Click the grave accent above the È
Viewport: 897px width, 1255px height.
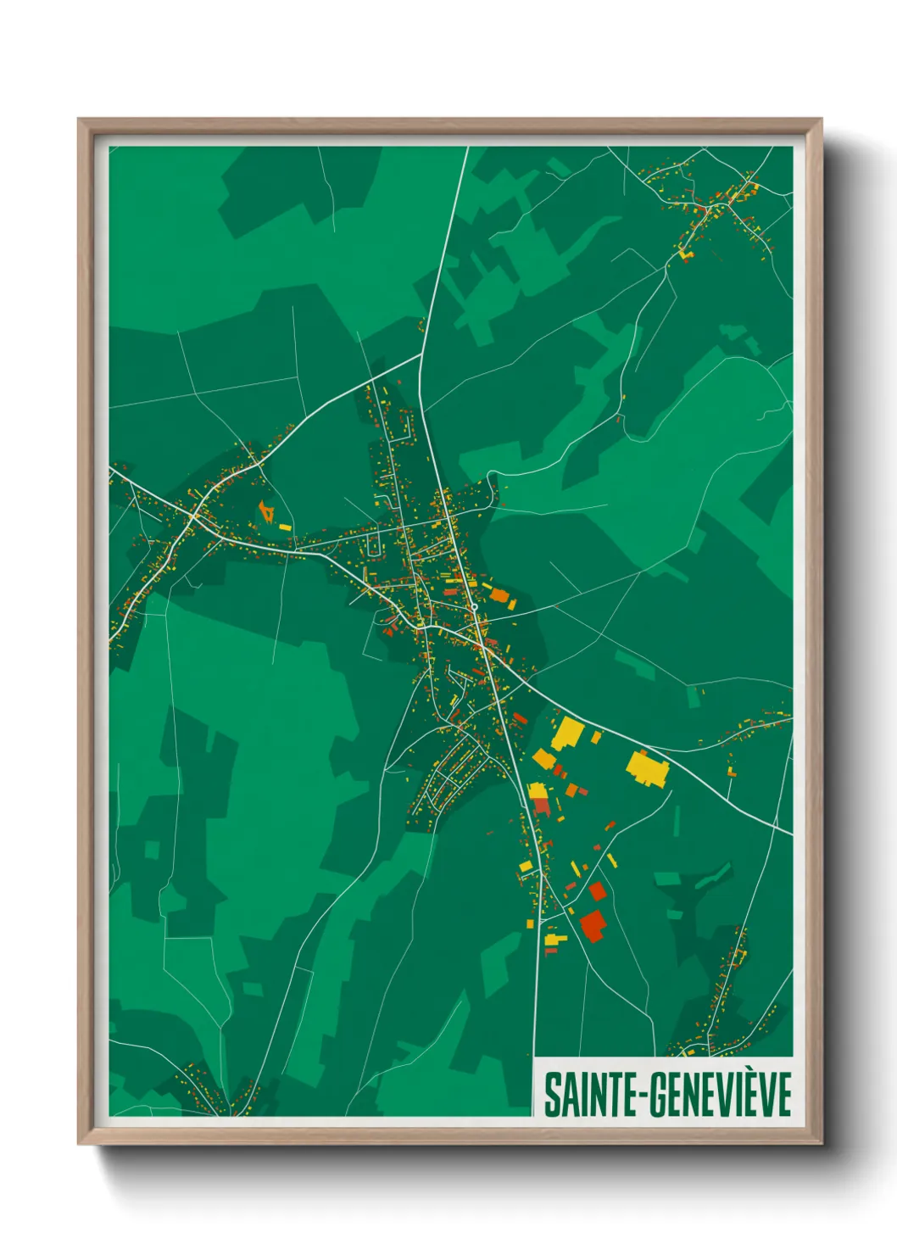tap(742, 1072)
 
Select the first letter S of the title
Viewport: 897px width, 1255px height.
tap(552, 1095)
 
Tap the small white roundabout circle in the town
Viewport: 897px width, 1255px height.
tap(476, 607)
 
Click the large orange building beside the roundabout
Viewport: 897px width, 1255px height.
tap(499, 595)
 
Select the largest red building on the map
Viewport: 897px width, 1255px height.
tap(593, 924)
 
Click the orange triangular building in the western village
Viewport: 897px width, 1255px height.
tap(267, 512)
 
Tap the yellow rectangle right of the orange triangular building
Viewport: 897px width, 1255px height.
tap(285, 527)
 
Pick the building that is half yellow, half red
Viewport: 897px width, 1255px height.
tap(539, 799)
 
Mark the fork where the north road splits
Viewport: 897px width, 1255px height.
tap(421, 354)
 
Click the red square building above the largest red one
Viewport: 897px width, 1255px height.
tap(598, 891)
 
